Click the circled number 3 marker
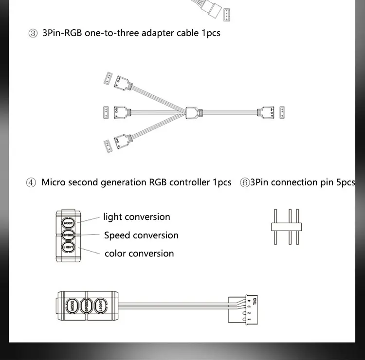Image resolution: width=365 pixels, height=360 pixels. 33,34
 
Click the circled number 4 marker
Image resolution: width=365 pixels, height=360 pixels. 31,183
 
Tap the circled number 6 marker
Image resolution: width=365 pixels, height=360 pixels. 245,183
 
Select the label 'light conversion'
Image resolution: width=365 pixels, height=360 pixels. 136,217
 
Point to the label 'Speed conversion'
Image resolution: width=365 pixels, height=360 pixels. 141,235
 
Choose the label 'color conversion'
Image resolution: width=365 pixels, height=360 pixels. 139,253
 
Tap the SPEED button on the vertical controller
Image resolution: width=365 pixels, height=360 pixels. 69,235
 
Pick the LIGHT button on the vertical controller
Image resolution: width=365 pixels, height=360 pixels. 69,247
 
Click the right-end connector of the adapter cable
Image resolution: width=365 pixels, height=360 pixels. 268,112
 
